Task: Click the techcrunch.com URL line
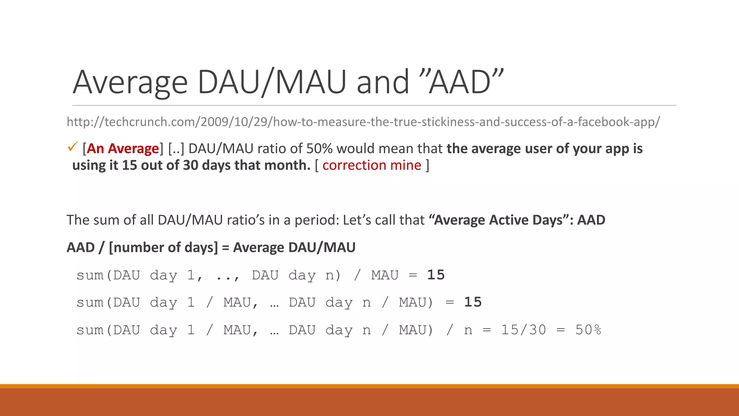(x=363, y=122)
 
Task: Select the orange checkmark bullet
(x=73, y=147)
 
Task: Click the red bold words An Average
(x=123, y=149)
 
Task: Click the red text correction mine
(x=372, y=165)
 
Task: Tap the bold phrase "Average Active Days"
(x=498, y=220)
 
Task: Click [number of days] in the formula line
(x=163, y=248)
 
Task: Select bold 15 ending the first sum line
(x=436, y=275)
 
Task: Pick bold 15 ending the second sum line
(x=473, y=302)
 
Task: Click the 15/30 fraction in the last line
(x=524, y=330)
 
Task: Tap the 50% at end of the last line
(x=588, y=330)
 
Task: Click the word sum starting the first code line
(x=90, y=276)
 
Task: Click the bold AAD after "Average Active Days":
(x=591, y=220)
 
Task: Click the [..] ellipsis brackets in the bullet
(x=176, y=149)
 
